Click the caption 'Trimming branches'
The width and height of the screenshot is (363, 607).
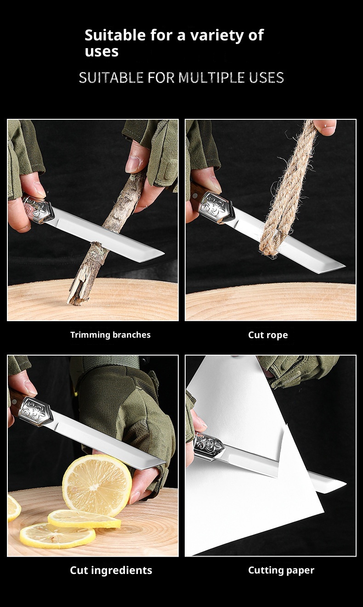(x=110, y=335)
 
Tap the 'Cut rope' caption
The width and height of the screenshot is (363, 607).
(x=268, y=335)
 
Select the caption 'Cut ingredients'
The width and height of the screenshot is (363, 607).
(x=111, y=570)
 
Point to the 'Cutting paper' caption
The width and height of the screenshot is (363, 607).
(x=281, y=570)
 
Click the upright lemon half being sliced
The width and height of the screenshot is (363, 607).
(x=97, y=485)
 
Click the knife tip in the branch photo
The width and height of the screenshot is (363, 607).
(x=164, y=253)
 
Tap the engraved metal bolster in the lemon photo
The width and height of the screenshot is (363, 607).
(x=35, y=411)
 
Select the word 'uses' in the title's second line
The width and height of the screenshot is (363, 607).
(x=102, y=51)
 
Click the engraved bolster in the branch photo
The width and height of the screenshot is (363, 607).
(x=38, y=210)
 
